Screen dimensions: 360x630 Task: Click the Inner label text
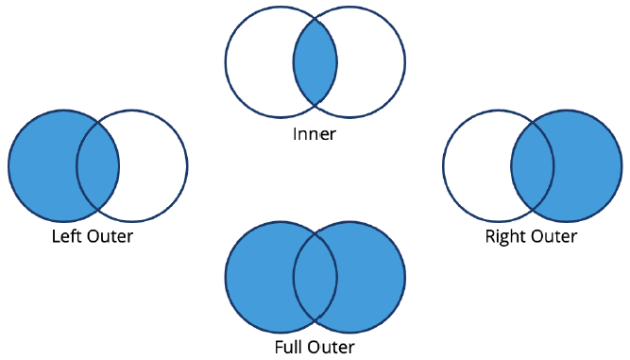click(315, 134)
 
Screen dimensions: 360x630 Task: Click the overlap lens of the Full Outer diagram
click(315, 276)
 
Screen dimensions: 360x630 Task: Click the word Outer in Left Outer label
click(110, 236)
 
